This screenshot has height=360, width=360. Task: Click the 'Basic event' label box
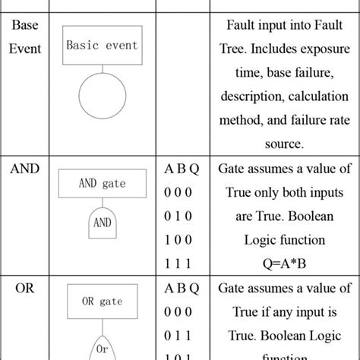coord(103,45)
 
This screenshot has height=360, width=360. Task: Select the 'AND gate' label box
coord(103,184)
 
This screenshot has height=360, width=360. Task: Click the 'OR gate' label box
coord(103,302)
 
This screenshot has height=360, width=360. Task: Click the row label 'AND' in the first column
coord(26,169)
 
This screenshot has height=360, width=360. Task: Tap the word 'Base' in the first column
coord(26,25)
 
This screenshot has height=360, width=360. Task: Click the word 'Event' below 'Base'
coord(26,49)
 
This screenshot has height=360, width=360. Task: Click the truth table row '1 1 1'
coord(181,264)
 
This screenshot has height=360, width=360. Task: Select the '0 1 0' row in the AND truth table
coord(181,216)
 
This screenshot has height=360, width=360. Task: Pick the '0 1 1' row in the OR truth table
coord(181,335)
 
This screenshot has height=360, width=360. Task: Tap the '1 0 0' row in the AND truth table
coord(181,240)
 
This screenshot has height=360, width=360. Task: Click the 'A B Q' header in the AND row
coord(182,169)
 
